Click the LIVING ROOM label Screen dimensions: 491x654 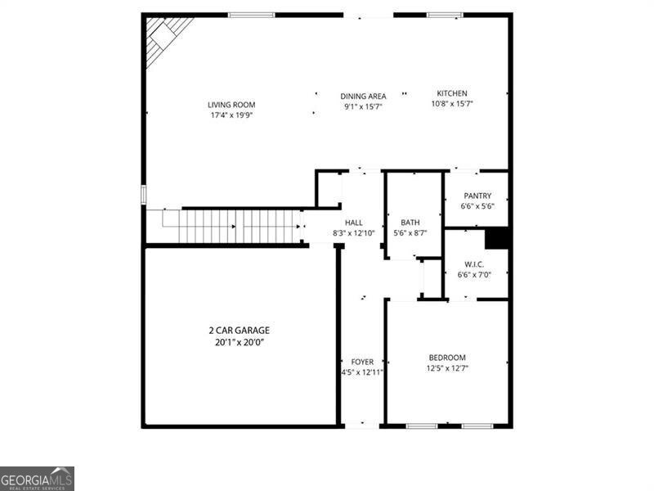231,105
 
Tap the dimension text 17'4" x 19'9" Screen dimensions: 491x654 231,115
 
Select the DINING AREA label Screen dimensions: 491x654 363,96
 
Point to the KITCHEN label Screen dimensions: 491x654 452,93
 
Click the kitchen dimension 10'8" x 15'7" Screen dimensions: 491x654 452,104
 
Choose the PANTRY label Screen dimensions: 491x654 477,196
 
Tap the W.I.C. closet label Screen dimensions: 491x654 474,264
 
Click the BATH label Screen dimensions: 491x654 410,223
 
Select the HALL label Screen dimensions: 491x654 354,223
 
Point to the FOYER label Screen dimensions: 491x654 362,362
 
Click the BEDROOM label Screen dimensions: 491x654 447,358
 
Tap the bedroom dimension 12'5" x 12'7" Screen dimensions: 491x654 447,368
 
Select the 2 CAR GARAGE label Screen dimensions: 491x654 239,331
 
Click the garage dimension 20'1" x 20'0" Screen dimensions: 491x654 239,342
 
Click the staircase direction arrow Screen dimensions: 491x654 233,226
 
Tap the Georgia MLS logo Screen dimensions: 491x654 37,478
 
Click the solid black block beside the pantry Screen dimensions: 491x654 498,237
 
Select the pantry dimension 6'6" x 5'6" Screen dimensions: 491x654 477,206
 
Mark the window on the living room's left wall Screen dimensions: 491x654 143,195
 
